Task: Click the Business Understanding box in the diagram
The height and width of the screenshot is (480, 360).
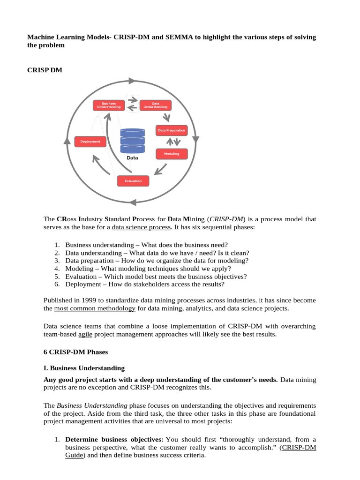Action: point(108,105)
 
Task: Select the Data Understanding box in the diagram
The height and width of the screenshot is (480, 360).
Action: point(155,105)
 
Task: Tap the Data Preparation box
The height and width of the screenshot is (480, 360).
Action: point(172,130)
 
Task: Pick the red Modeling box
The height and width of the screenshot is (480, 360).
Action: point(172,154)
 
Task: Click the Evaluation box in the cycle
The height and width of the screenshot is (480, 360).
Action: point(133,180)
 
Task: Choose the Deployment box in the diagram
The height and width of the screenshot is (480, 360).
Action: point(90,141)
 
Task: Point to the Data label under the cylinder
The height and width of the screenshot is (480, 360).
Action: point(133,158)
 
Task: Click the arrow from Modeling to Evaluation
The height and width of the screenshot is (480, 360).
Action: point(161,168)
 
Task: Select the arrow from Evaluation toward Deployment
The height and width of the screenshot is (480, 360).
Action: point(102,165)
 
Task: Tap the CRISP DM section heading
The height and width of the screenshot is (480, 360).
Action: point(45,70)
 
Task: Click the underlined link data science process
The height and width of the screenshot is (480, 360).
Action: point(141,227)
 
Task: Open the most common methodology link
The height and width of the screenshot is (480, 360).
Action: point(95,308)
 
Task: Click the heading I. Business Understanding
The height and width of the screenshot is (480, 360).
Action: point(84,368)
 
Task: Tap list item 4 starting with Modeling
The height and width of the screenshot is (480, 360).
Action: point(148,269)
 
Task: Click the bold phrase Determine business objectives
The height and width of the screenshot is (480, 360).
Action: point(114,439)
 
